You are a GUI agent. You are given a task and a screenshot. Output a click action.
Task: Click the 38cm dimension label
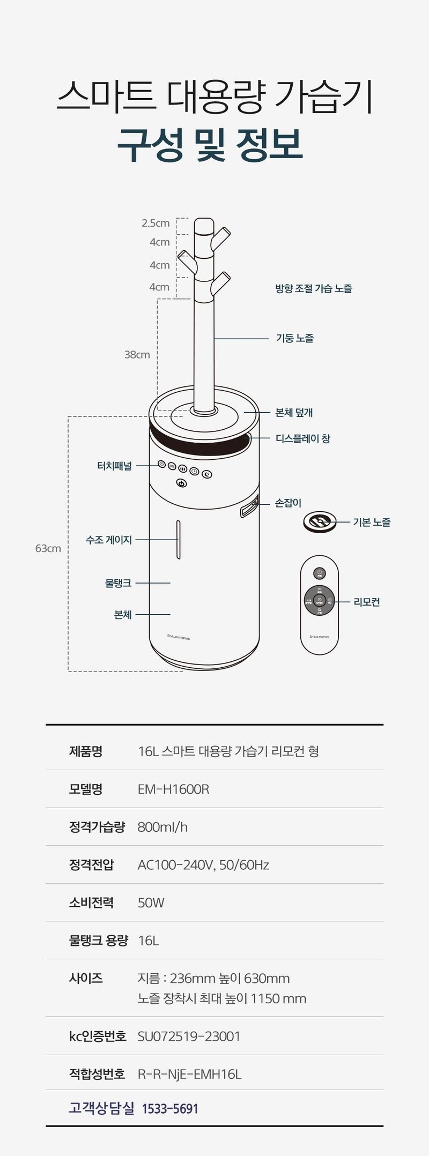137,355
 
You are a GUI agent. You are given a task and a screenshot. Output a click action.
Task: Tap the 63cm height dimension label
48,548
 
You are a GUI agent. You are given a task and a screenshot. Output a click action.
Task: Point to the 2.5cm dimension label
156,223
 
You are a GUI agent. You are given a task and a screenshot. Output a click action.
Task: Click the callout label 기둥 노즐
295,338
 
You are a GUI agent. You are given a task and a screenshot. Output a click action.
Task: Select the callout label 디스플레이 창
303,438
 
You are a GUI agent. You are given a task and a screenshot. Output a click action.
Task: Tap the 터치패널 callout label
114,466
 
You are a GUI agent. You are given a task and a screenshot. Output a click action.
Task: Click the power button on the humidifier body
182,483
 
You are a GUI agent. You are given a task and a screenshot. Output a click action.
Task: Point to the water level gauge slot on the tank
178,540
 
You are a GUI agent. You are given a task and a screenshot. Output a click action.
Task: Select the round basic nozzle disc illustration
320,521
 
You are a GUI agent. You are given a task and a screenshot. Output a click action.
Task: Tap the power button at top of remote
319,573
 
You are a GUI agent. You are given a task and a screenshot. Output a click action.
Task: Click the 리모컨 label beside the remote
367,602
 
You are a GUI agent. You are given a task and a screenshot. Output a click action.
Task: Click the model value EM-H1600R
173,789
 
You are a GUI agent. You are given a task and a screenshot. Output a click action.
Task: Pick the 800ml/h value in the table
162,827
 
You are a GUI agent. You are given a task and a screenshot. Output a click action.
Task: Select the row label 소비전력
91,903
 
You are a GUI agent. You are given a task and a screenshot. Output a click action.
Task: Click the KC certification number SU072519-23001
189,1036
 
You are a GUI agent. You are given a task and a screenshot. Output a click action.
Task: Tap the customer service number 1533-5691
170,1108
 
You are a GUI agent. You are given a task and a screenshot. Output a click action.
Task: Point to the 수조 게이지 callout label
109,540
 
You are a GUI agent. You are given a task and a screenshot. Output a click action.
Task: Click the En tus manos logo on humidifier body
179,638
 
